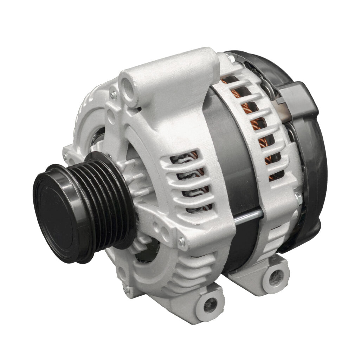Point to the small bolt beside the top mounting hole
tap(113, 94)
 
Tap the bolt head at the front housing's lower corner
tap(182, 242)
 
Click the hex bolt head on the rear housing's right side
tap(298, 198)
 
